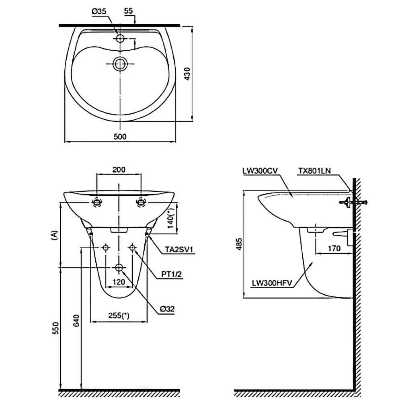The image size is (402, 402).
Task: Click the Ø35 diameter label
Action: point(99,12)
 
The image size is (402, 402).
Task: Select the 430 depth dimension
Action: point(186,73)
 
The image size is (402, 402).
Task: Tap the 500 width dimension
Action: point(120,136)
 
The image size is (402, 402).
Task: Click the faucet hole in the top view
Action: point(120,38)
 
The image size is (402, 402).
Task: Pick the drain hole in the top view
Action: point(120,64)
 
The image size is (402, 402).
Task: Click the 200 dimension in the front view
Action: point(119,169)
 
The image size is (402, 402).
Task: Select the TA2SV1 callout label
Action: point(180,250)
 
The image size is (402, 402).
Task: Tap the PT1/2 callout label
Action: point(172,274)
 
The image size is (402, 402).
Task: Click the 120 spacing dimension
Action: point(119,282)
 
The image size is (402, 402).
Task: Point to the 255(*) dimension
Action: point(119,316)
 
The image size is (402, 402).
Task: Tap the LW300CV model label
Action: point(260,170)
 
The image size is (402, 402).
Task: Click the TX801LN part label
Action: point(314,170)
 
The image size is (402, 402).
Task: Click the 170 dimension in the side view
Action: point(334,248)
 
